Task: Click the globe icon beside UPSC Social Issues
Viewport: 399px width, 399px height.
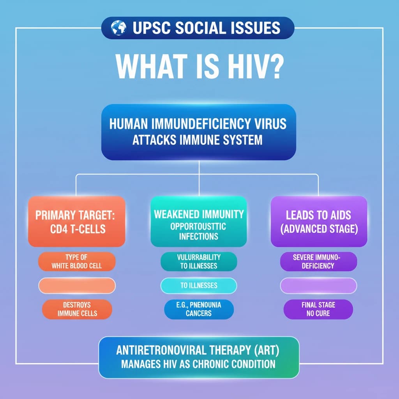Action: pos(118,28)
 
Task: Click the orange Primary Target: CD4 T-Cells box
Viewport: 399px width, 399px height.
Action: pos(77,221)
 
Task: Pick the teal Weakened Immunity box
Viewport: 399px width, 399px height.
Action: pos(199,221)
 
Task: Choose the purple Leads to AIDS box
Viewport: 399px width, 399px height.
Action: pos(319,221)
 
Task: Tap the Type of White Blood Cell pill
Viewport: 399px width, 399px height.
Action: pos(77,261)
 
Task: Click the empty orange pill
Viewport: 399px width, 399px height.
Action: pos(77,286)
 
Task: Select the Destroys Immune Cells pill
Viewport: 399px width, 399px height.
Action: pos(77,309)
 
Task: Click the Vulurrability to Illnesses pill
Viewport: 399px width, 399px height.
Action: pos(199,261)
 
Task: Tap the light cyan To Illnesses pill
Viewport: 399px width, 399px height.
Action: pos(199,286)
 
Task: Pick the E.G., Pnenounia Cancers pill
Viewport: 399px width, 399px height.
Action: pos(199,309)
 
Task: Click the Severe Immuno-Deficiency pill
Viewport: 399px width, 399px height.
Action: pos(319,261)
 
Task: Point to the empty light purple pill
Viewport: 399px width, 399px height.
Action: pos(319,286)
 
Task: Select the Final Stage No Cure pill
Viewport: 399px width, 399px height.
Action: pos(318,309)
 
